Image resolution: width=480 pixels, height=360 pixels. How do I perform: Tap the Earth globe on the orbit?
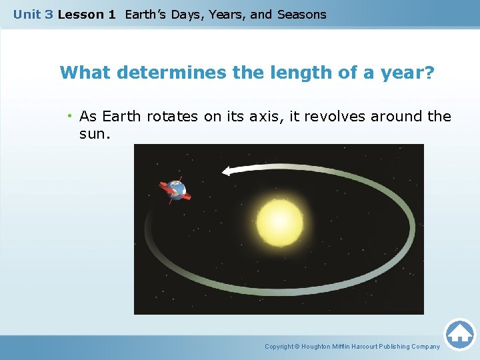point(175,190)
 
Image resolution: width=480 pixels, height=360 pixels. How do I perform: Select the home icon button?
point(459,333)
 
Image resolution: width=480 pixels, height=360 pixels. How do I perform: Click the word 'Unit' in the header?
point(27,14)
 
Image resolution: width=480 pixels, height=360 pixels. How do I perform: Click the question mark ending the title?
point(429,73)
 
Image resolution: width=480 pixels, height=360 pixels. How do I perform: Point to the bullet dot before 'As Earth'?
point(69,117)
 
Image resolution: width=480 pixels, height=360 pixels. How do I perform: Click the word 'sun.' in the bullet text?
point(94,134)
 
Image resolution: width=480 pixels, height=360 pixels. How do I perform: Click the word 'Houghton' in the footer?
point(320,347)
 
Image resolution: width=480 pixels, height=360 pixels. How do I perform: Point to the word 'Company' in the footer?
point(425,347)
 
